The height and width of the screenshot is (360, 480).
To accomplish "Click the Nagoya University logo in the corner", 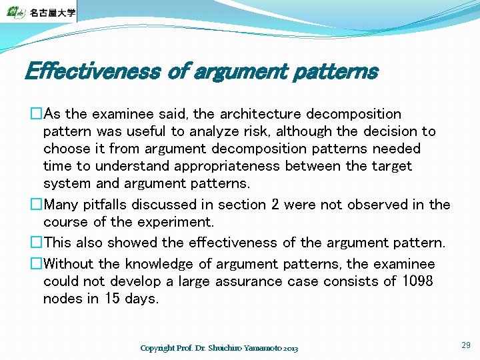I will [x=39, y=11].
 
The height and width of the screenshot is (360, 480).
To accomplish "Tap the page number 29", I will [x=465, y=345].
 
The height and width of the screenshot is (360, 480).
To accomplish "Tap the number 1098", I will [x=417, y=281].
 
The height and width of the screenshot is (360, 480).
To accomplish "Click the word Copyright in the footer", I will [x=157, y=348].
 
